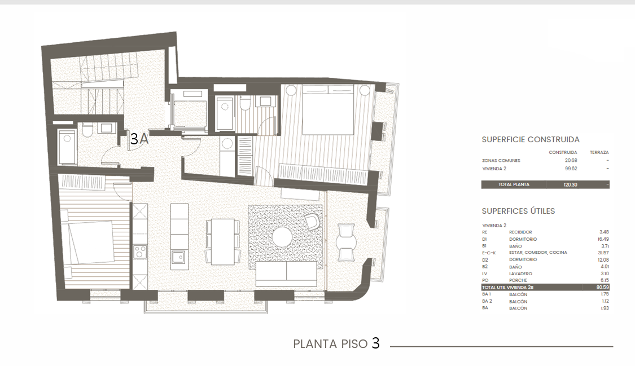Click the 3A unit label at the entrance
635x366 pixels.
[139, 139]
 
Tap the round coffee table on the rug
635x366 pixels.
[283, 237]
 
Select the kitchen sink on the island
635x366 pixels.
[178, 257]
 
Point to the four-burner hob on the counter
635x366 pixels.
[141, 252]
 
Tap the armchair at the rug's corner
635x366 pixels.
[312, 221]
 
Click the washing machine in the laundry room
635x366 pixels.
[227, 144]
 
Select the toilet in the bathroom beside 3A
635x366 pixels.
[87, 130]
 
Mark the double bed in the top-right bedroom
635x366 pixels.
[329, 109]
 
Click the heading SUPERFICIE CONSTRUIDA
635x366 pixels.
[531, 139]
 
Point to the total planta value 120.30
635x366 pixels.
[570, 185]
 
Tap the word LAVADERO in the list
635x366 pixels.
[520, 274]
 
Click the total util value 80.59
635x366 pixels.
[603, 287]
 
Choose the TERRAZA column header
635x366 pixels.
[599, 152]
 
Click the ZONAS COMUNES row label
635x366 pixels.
[501, 161]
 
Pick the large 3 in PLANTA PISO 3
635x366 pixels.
[376, 343]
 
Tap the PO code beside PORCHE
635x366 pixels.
[485, 280]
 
